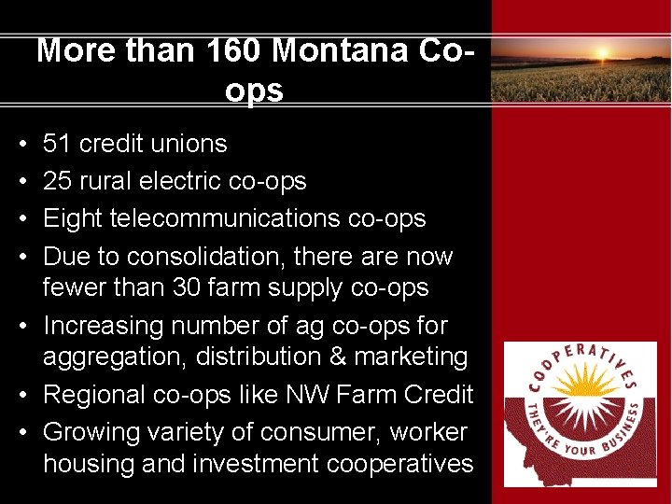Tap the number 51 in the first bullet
[57, 144]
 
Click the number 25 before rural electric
[57, 181]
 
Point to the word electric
[195, 181]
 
